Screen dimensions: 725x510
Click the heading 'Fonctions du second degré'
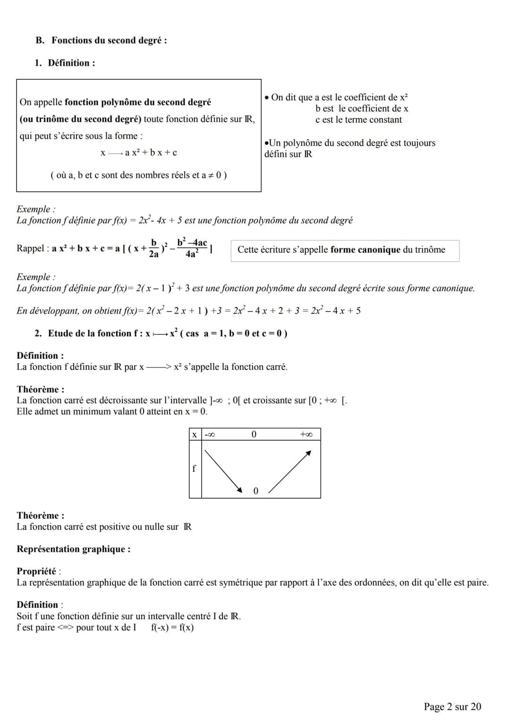point(109,41)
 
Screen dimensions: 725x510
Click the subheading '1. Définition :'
point(65,63)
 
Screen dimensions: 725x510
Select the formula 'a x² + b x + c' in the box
point(151,153)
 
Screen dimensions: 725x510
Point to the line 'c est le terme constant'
point(358,120)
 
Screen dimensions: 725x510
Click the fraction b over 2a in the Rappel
point(153,248)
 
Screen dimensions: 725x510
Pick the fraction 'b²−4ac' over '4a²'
point(192,248)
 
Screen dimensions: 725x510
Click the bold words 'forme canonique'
point(365,250)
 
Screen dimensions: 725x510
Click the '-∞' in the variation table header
point(210,435)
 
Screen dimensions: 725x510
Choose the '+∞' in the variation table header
point(306,435)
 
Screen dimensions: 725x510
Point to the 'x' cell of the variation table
point(195,435)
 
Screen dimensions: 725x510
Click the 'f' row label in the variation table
point(194,469)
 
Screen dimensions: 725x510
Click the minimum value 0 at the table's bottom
point(256,491)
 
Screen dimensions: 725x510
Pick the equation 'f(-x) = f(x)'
point(172,628)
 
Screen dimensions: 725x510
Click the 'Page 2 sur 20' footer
point(452,707)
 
